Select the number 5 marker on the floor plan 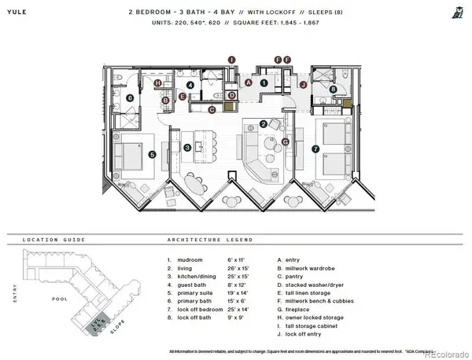[x=152, y=155]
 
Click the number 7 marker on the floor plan [x=315, y=149]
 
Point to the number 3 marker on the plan [x=187, y=147]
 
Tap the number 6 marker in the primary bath [x=129, y=98]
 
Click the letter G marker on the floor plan [x=286, y=141]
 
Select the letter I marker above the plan [x=231, y=59]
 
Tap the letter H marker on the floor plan [x=157, y=83]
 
